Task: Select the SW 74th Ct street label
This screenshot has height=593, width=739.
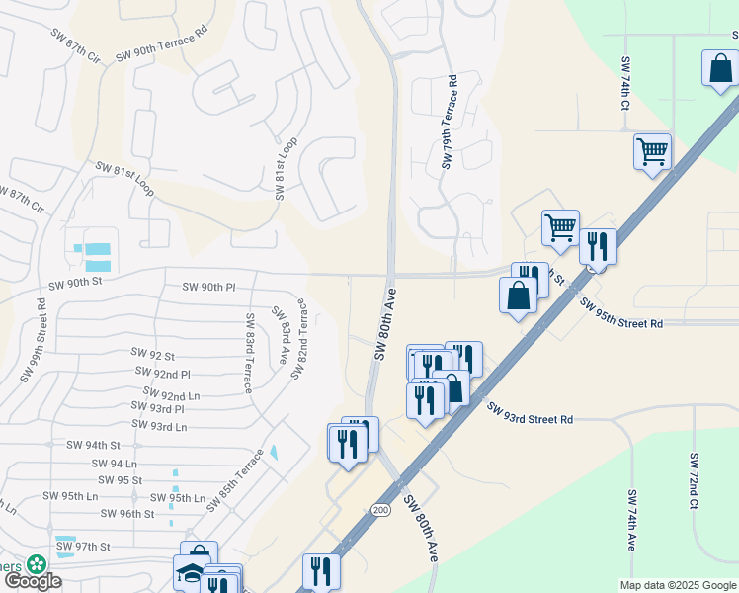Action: [625, 83]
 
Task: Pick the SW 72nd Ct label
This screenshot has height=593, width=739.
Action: [694, 481]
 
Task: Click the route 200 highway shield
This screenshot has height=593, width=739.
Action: [380, 509]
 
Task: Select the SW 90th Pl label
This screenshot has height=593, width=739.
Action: [208, 287]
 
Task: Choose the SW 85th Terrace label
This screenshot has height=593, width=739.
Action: [236, 480]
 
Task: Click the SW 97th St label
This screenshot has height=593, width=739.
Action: [82, 546]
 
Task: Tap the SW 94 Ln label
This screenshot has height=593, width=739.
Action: [114, 463]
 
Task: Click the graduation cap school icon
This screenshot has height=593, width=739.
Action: [191, 574]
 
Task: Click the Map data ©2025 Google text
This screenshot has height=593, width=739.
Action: [677, 585]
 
